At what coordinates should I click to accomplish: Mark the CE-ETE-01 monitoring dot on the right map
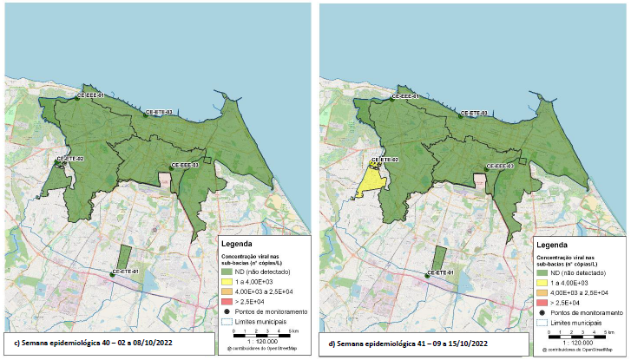point(428,275)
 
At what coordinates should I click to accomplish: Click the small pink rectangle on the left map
point(165,180)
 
